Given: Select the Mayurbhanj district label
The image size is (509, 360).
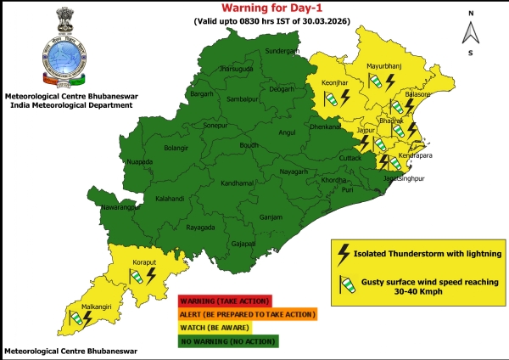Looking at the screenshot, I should click(x=383, y=65).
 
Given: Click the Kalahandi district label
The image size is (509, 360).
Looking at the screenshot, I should click(x=171, y=200).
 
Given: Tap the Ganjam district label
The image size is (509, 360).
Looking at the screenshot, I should click(x=271, y=217).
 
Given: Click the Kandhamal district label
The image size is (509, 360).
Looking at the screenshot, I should click(x=214, y=183).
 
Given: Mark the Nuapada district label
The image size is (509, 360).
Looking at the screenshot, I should click(x=139, y=160).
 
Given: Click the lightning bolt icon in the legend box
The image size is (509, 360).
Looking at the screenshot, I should click(x=344, y=252).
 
